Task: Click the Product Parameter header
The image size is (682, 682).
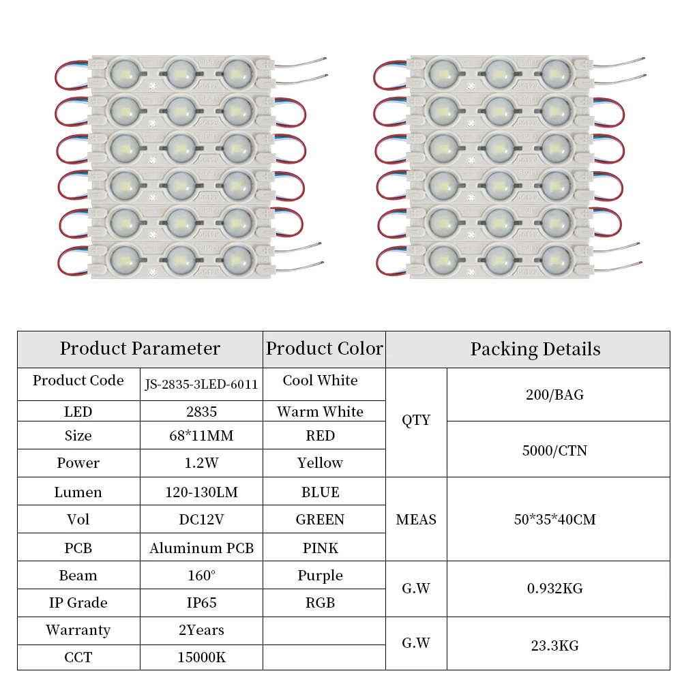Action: (x=140, y=349)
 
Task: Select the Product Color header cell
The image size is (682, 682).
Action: (x=324, y=349)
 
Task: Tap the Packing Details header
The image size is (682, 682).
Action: (x=535, y=349)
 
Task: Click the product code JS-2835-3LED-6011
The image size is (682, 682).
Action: (x=201, y=384)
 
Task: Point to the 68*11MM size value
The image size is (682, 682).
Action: (x=201, y=435)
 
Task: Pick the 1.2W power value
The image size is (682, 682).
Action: (x=201, y=463)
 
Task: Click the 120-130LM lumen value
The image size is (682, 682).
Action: (x=201, y=492)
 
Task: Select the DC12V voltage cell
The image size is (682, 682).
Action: (x=201, y=520)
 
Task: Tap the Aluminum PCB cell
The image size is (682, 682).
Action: (x=201, y=548)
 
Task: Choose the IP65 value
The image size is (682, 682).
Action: (x=201, y=603)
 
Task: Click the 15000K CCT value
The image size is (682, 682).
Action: (x=201, y=657)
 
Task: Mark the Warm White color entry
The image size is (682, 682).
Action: (x=320, y=411)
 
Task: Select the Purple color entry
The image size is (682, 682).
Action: (x=320, y=575)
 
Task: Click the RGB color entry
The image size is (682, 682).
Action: (x=320, y=603)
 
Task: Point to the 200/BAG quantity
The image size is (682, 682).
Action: (x=554, y=394)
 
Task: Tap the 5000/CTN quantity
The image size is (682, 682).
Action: (x=554, y=450)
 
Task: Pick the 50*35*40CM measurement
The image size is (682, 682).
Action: (x=554, y=520)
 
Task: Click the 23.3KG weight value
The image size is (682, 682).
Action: (x=554, y=644)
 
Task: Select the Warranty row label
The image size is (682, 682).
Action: (x=78, y=630)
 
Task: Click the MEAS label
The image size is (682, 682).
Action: (x=415, y=520)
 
